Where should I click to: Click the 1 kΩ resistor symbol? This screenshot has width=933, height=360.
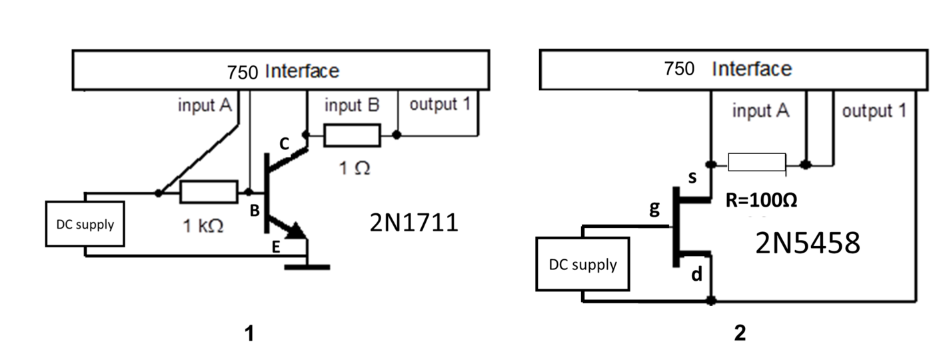209,193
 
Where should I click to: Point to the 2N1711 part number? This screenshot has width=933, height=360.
414,222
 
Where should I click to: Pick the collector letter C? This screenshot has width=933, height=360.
285,143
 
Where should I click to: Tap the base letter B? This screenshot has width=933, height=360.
254,211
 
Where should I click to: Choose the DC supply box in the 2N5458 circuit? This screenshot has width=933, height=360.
583,265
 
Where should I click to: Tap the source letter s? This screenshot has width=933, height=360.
692,177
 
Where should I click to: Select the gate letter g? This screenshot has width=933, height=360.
654,209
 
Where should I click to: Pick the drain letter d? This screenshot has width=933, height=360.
696,274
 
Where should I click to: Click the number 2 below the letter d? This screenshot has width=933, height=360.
739,331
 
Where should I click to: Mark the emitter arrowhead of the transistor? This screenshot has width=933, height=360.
296,232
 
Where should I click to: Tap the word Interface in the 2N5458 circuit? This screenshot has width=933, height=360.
752,69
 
